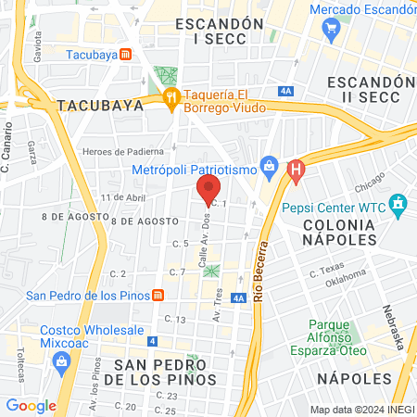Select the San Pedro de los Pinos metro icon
pos(158,296)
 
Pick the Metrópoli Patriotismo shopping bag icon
pos(269,168)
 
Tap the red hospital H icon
pos(296,171)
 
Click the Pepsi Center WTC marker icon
pos(398,202)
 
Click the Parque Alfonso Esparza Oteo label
pos(342,337)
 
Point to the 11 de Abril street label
pos(124,198)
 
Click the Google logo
pos(31,405)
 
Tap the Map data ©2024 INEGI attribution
pos(360,410)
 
